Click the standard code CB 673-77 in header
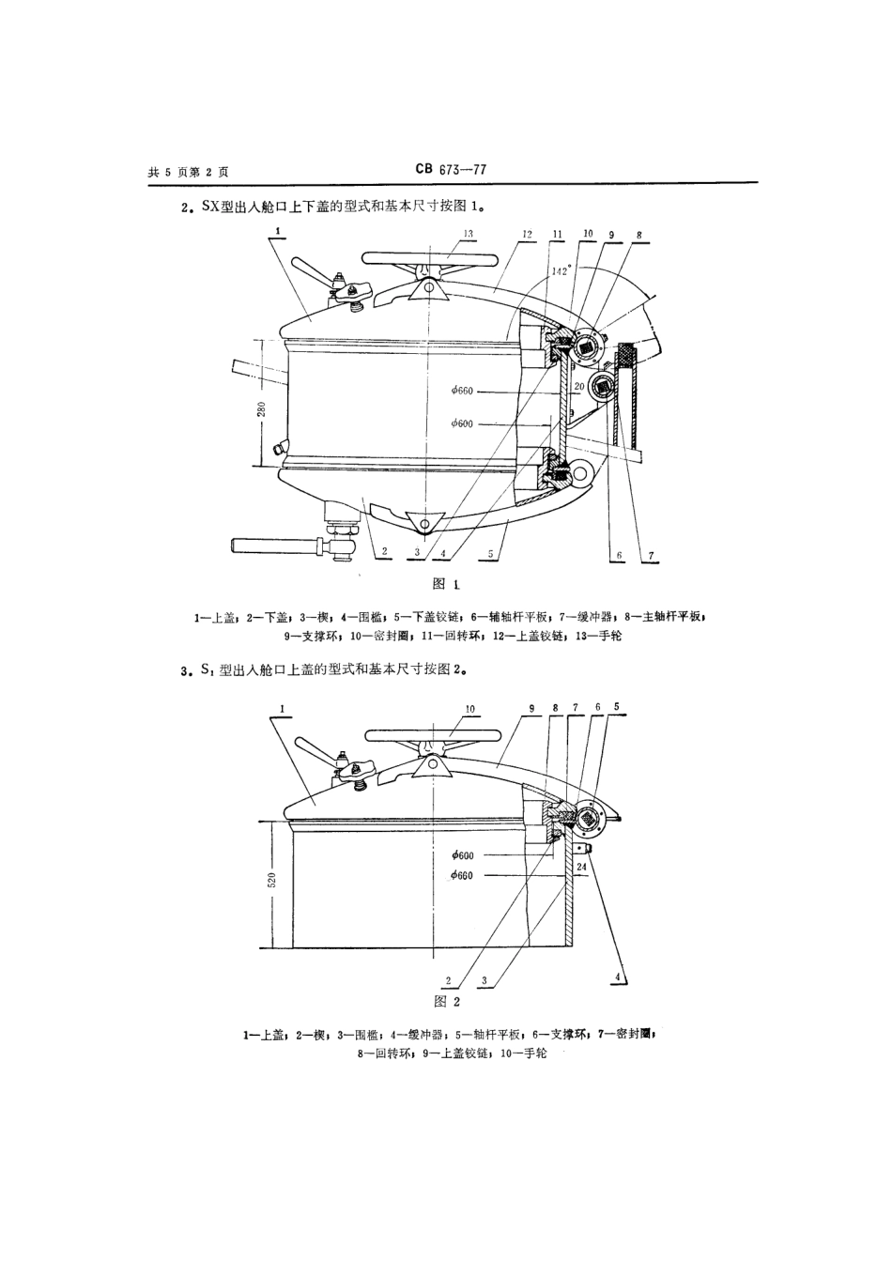(x=450, y=170)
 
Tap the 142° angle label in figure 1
(x=560, y=270)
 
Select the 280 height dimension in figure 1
(x=262, y=409)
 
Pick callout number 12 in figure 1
(x=527, y=234)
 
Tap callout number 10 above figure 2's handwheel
(x=470, y=709)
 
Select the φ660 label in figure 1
(x=463, y=391)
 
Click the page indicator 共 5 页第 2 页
(x=188, y=172)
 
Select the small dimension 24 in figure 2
(x=581, y=867)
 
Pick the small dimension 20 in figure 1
(x=579, y=386)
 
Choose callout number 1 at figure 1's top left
(x=279, y=229)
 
